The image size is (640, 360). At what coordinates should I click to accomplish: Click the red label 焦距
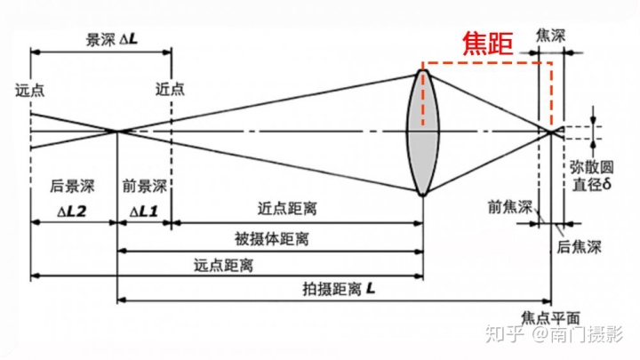click(x=488, y=44)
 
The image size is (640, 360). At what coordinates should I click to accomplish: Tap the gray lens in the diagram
click(x=423, y=132)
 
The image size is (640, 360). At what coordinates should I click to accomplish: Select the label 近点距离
click(x=286, y=210)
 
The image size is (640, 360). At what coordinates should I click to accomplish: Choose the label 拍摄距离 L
click(x=340, y=289)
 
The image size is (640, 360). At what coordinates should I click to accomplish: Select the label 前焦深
click(x=509, y=207)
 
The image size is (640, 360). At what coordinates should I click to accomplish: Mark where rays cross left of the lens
click(x=117, y=132)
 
